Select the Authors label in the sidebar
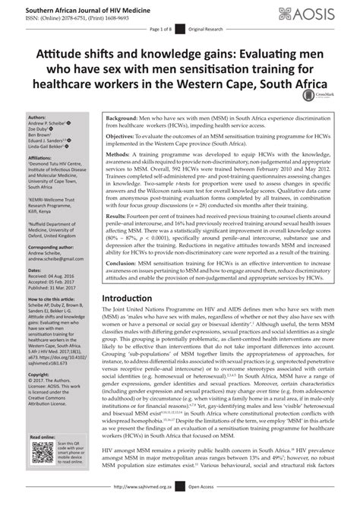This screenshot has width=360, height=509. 36,117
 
